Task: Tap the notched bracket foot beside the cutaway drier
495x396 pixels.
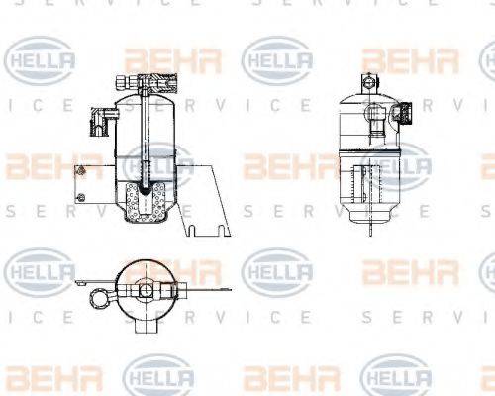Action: tap(202, 234)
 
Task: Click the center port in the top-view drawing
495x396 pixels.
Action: tap(146, 289)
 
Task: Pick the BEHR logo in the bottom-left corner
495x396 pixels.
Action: tap(41, 377)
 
